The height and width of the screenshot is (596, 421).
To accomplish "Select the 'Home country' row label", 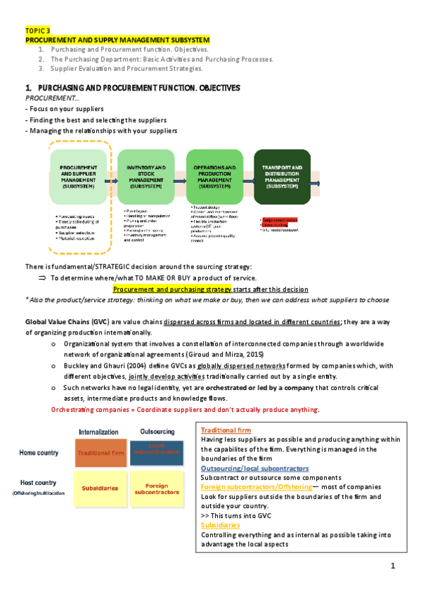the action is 38,453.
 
